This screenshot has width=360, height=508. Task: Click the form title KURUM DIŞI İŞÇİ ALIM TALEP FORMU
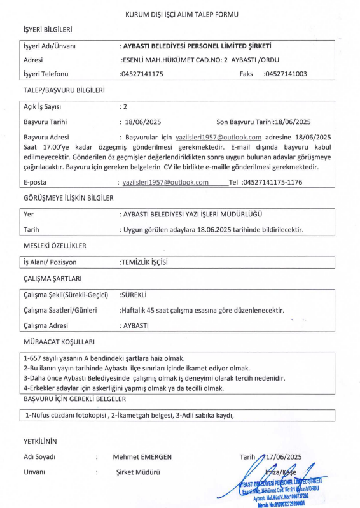point(180,13)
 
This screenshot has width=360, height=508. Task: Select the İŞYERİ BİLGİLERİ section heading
point(48,30)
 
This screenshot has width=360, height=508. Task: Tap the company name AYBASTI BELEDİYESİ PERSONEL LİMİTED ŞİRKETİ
point(196,46)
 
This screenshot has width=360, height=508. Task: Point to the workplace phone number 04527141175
point(142,74)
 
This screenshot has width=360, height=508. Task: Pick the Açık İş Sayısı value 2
point(125,106)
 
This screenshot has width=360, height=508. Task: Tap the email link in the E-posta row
point(165,182)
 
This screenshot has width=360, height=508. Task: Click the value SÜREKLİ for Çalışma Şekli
point(134,295)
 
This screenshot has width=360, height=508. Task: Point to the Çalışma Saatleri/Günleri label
point(60,310)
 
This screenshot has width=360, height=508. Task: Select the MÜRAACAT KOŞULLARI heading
point(59,341)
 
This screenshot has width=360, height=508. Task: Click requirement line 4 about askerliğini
point(124,388)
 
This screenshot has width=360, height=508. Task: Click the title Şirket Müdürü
point(136,472)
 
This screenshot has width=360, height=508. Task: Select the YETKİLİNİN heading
point(40,441)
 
